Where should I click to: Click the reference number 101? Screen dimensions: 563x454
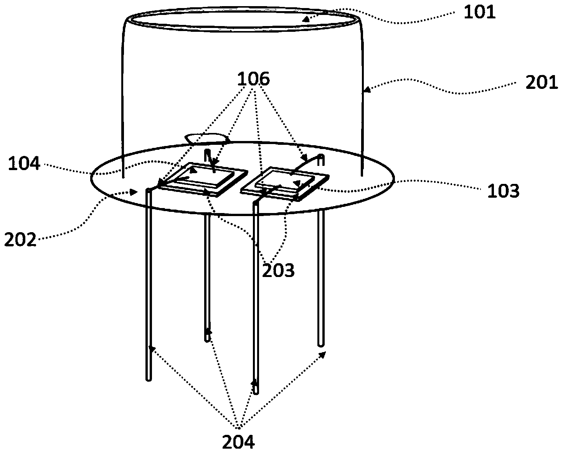point(480,12)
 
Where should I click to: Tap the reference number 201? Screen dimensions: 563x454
point(542,82)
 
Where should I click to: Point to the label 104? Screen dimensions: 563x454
point(24,163)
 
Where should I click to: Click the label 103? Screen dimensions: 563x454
point(503,191)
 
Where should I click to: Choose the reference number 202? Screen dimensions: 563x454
point(20,239)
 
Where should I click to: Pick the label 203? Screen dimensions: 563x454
point(278,270)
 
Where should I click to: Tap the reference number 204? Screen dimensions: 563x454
point(238,442)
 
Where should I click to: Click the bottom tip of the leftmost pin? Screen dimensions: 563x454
point(149,380)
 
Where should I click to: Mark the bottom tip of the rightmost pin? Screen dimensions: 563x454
point(320,346)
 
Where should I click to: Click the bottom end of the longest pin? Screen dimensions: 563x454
point(256,393)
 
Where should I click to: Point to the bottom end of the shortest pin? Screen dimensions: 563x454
point(207,341)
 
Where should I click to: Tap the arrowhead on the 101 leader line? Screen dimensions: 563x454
point(306,19)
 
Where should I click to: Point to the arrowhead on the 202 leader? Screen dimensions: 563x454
point(134,192)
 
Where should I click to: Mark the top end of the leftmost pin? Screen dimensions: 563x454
point(149,189)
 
